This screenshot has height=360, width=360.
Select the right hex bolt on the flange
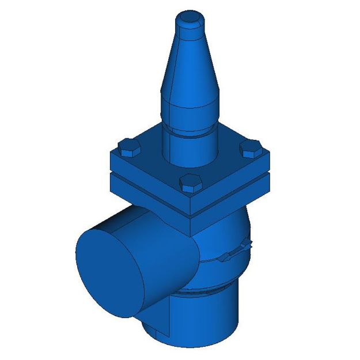pyautogui.click(x=251, y=149)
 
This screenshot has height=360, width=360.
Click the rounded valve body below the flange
pyautogui.click(x=225, y=236)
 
